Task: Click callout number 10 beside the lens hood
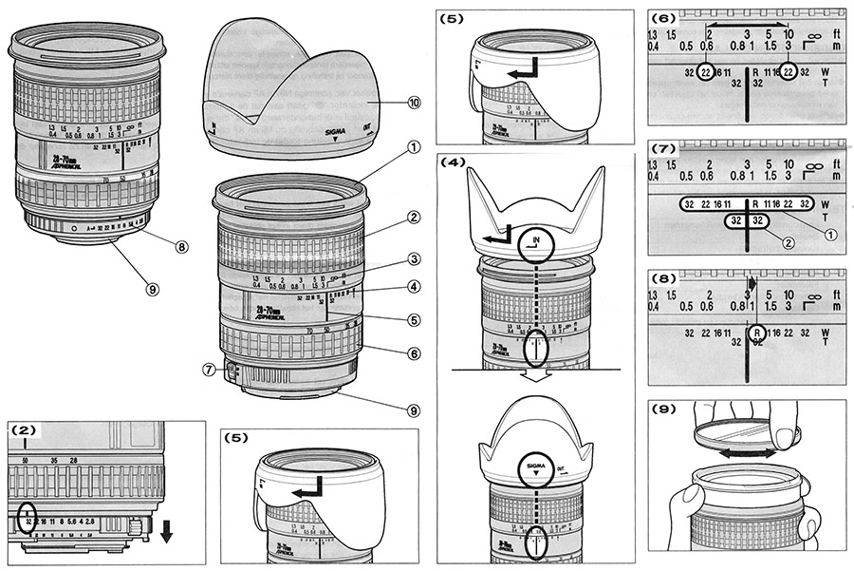click(x=388, y=102)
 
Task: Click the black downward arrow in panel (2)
click(x=167, y=533)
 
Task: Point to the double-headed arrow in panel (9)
click(x=746, y=454)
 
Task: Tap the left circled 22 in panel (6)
click(x=705, y=72)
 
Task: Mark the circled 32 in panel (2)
click(x=31, y=518)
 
